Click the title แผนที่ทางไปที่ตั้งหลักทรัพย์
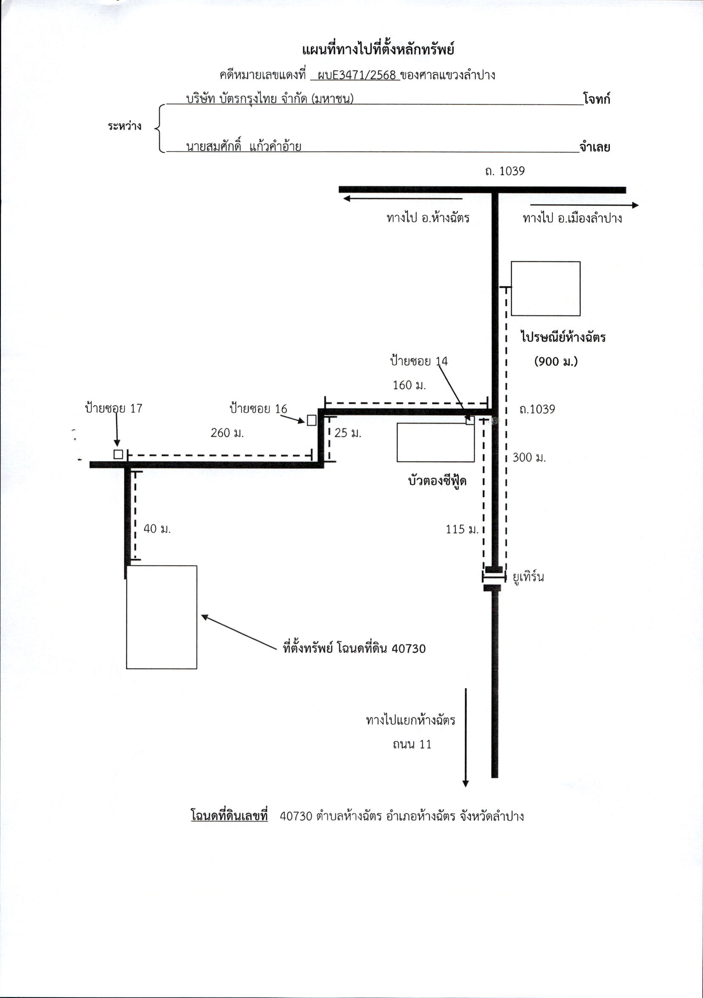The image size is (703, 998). [x=377, y=50]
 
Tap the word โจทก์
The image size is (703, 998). [x=597, y=99]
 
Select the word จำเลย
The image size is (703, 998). [x=594, y=147]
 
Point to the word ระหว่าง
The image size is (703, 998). [x=125, y=126]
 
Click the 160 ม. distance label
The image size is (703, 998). [x=409, y=385]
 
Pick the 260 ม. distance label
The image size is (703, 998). [x=227, y=433]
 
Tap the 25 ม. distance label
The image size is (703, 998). [x=348, y=433]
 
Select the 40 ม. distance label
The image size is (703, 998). [x=157, y=529]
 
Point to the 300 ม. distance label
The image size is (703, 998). [x=529, y=457]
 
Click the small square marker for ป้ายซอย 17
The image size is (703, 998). [x=118, y=454]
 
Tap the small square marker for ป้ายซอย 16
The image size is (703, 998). [x=311, y=420]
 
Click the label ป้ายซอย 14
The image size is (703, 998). [x=419, y=361]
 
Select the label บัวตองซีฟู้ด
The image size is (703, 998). [x=437, y=480]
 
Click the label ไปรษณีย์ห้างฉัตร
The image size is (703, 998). [x=563, y=337]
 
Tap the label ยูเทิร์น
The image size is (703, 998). [x=529, y=577]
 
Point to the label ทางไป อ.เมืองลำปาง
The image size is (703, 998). [x=572, y=218]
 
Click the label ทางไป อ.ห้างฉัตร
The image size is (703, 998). [x=428, y=217]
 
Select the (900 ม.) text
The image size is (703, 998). [x=556, y=361]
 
